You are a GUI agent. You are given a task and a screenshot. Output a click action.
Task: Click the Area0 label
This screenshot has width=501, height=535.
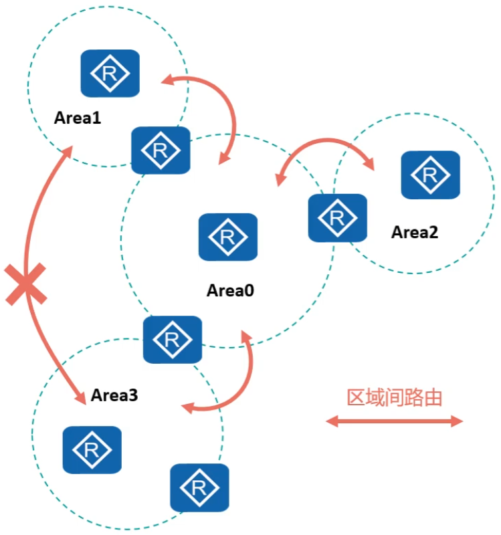coord(231,291)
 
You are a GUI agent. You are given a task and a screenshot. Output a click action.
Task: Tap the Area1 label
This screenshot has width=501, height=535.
coord(78,118)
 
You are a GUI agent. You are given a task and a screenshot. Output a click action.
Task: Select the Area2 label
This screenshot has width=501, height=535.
coord(415,232)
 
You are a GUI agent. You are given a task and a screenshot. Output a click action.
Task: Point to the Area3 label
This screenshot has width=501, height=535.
coord(114,395)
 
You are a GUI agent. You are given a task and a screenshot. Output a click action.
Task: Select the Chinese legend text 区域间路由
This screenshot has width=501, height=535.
coord(395,397)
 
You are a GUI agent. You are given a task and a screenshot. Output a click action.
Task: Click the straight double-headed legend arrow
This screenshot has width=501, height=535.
coord(395,421)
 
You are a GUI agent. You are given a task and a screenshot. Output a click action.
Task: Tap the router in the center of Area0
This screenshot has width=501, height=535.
coord(228,237)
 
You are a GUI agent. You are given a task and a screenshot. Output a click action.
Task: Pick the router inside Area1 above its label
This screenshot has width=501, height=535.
coord(110,73)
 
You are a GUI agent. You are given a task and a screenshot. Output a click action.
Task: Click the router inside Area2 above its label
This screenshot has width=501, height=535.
coord(430,175)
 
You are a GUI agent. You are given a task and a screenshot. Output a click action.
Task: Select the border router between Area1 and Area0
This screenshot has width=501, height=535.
coord(161,150)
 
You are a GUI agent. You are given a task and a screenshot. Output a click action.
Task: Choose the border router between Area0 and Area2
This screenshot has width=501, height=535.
coord(337,217)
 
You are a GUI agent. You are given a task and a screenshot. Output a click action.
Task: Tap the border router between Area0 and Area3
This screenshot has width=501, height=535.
coord(173,339)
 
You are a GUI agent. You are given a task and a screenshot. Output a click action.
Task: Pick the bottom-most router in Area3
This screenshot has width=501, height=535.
coord(199,488)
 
